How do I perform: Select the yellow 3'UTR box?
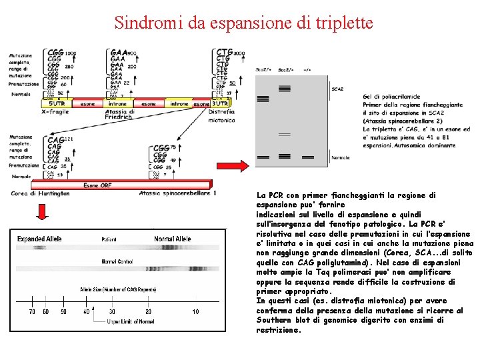(219, 104)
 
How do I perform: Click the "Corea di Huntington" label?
(40, 193)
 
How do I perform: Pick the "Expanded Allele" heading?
(39, 239)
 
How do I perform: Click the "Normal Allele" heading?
(173, 239)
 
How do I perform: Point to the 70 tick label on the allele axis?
(32, 311)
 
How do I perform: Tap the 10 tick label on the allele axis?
(195, 311)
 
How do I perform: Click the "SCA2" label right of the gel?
(338, 89)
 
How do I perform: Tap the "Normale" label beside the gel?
(341, 157)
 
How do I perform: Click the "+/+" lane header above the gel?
(307, 69)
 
